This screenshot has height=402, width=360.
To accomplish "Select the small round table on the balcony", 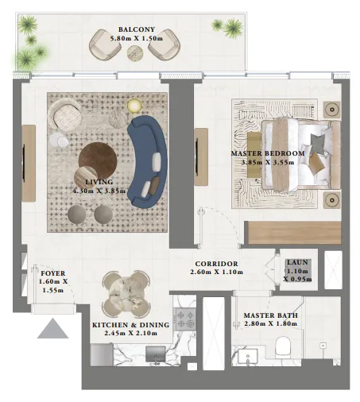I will click(x=133, y=53).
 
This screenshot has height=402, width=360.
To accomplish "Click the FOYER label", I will click(x=53, y=273).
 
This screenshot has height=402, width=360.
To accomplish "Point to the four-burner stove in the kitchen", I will click(x=185, y=319).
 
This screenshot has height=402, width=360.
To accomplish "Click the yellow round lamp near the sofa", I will click(x=134, y=105).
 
